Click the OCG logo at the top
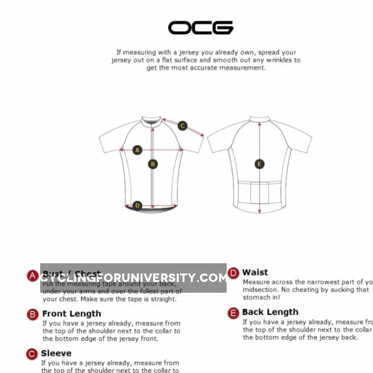200,28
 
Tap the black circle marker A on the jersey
137,150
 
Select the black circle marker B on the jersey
153,164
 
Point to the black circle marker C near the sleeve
182,126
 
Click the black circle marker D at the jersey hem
137,206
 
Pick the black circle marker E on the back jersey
260,164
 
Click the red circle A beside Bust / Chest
33,276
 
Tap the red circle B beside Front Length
33,315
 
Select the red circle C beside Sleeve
32,354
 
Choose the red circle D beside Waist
233,273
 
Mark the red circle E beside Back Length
233,313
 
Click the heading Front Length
71,314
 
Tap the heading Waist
255,272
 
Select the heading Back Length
270,312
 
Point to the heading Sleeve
56,353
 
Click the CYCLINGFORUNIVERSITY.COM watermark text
133,278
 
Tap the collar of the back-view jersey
260,120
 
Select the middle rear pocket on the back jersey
260,192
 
